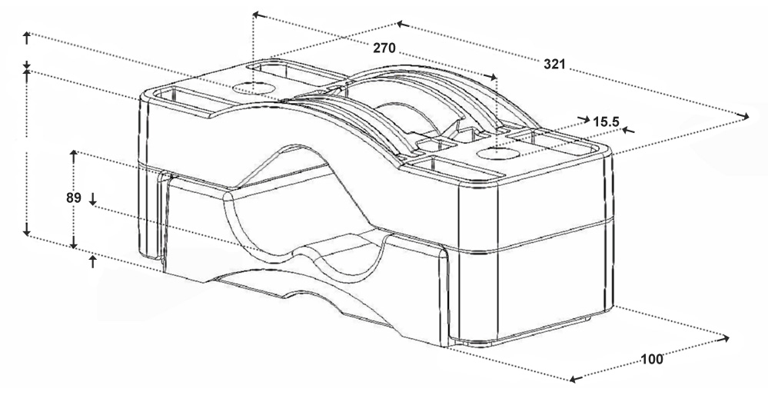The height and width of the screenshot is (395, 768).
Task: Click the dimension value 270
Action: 384,48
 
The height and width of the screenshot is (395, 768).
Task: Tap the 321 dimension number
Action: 554,64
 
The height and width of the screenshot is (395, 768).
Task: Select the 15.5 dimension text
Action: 606,122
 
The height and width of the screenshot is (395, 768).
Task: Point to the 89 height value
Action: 74,197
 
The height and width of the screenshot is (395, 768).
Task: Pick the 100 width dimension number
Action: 651,360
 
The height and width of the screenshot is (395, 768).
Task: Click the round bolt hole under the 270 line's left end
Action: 253,88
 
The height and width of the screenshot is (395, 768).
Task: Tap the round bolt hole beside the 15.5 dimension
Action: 497,153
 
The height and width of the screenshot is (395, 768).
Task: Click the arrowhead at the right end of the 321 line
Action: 745,116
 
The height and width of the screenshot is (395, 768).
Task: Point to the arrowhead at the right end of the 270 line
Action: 492,76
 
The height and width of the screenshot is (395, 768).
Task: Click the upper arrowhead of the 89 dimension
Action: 74,154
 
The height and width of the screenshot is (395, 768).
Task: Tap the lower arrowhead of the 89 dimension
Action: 74,244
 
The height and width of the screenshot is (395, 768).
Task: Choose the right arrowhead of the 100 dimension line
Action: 724,338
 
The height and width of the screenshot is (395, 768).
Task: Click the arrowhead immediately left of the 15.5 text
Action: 584,119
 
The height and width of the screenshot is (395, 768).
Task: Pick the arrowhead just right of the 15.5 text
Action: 628,130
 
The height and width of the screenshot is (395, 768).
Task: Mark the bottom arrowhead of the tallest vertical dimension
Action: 26,231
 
